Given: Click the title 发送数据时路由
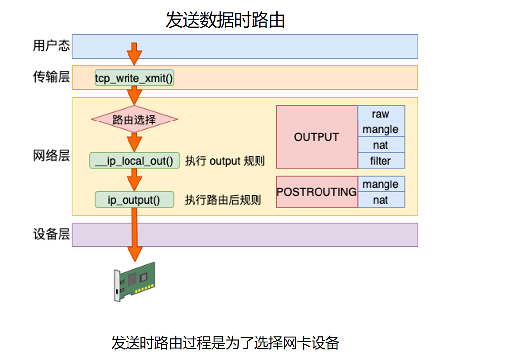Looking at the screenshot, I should [x=225, y=20].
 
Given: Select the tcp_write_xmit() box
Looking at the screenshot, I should [x=134, y=78].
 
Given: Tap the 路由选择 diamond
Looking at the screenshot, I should [x=134, y=120].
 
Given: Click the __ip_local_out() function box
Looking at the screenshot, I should [x=134, y=160].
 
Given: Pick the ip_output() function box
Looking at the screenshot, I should [x=134, y=200].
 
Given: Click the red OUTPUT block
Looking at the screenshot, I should [x=317, y=137].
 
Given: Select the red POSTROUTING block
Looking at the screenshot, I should [x=317, y=191].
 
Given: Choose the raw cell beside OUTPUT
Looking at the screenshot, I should [x=381, y=114].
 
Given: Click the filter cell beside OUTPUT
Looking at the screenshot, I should [x=381, y=161].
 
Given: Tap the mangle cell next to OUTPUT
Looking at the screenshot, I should [x=381, y=129].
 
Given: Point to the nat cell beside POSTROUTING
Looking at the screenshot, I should [x=381, y=200].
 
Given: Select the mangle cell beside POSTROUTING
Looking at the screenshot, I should [x=381, y=184].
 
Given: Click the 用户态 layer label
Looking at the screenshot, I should [x=51, y=46].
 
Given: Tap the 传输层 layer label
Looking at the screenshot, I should [x=51, y=77].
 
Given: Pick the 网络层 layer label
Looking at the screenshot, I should [x=51, y=156].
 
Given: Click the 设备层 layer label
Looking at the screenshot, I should [x=51, y=235].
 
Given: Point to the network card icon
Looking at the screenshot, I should [x=134, y=281].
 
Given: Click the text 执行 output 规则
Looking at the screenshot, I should [x=225, y=161].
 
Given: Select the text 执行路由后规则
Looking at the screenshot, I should [x=223, y=200].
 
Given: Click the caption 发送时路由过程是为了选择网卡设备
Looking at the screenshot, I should [x=225, y=343].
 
